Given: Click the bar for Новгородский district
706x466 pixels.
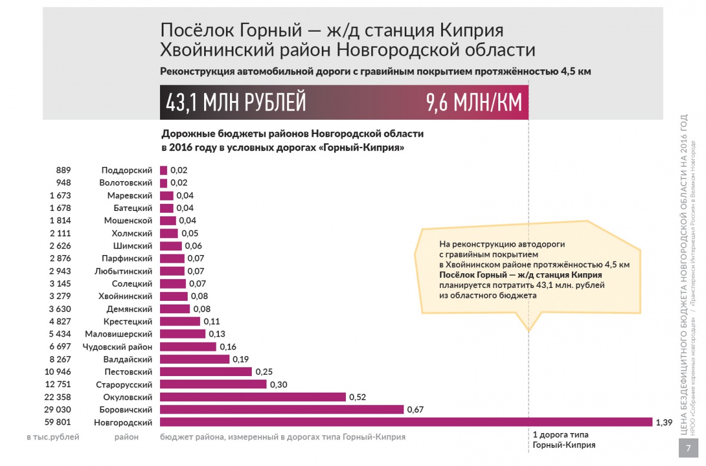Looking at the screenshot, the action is coord(406,422).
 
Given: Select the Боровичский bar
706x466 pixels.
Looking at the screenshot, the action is coord(282,410).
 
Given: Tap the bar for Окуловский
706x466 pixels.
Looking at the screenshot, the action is coord(253,397).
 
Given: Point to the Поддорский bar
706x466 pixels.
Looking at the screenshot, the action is coord(164,170).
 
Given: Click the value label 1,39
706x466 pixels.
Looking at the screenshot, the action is coord(664,423).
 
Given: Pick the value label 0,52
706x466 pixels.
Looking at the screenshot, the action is coord(358,397).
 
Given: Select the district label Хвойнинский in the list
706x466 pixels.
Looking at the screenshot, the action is coord(125,296).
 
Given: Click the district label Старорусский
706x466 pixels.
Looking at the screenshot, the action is coord(124,384).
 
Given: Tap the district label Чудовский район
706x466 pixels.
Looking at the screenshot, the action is coord(117,347).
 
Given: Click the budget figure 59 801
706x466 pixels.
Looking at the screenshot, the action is coord(58,422).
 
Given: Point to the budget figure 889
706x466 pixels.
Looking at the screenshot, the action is coord(64,170).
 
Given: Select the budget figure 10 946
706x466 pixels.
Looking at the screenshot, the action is coord(58,371).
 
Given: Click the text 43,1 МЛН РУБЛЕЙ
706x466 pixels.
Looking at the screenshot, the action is coord(236,102).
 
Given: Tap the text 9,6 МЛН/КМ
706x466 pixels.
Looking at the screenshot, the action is coord(474,102).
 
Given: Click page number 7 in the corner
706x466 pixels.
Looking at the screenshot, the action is coord(688,448).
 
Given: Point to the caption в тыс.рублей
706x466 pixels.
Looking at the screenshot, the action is coord(53,437).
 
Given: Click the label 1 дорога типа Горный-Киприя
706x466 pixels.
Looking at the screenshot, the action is coord(564,440).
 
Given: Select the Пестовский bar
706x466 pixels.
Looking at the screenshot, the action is coord(206,371).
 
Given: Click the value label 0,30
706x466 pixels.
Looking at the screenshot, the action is coord(279,384).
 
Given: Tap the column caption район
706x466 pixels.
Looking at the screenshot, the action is coord(126,437).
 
